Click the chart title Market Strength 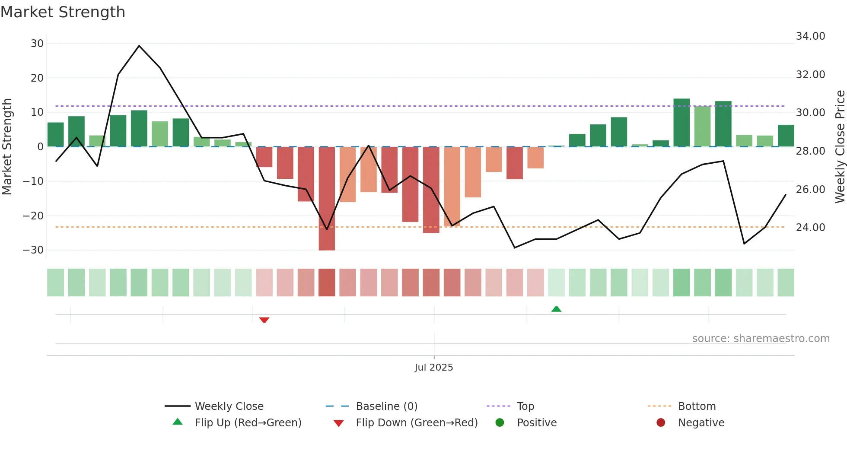pyautogui.click(x=63, y=12)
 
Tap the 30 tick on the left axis pyautogui.click(x=37, y=44)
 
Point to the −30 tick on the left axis pyautogui.click(x=33, y=250)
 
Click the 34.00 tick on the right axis pyautogui.click(x=810, y=36)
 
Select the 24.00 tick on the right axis pyautogui.click(x=810, y=228)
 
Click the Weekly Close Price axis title pyautogui.click(x=840, y=147)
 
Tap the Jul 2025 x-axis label pyautogui.click(x=433, y=368)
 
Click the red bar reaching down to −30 pyautogui.click(x=327, y=199)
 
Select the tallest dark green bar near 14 pyautogui.click(x=681, y=123)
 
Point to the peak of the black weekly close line pyautogui.click(x=139, y=46)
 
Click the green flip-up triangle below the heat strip pyautogui.click(x=556, y=309)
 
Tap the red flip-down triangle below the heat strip pyautogui.click(x=264, y=320)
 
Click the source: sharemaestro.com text pyautogui.click(x=761, y=339)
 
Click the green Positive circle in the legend pyautogui.click(x=500, y=423)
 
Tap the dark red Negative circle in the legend pyautogui.click(x=661, y=423)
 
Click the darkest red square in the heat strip pyautogui.click(x=327, y=282)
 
